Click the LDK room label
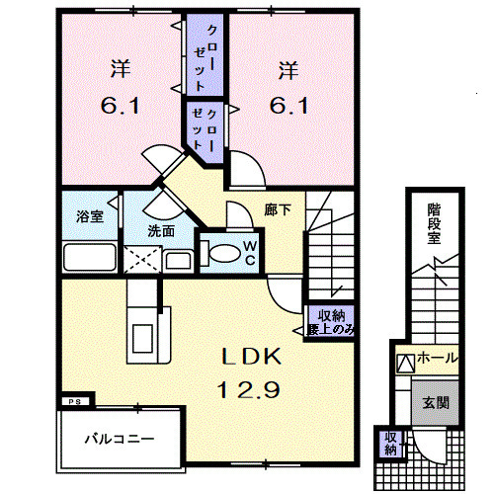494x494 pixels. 252,357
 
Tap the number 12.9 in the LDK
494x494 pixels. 249,389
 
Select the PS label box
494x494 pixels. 75,402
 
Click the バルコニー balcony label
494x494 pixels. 120,439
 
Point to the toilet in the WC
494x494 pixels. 221,253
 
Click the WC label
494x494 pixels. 250,253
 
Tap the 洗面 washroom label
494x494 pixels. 161,231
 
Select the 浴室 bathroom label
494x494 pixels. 90,216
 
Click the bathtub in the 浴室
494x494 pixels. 90,257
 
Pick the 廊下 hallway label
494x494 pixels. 278,209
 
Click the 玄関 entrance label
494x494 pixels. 436,402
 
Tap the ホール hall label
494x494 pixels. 437,358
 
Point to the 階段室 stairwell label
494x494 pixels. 435,223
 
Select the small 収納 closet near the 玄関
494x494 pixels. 391,444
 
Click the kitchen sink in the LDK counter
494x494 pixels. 142,339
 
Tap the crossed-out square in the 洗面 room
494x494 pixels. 142,260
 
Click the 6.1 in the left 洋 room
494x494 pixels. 121,106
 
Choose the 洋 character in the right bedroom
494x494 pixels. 288,70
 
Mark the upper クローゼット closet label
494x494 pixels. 205,58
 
